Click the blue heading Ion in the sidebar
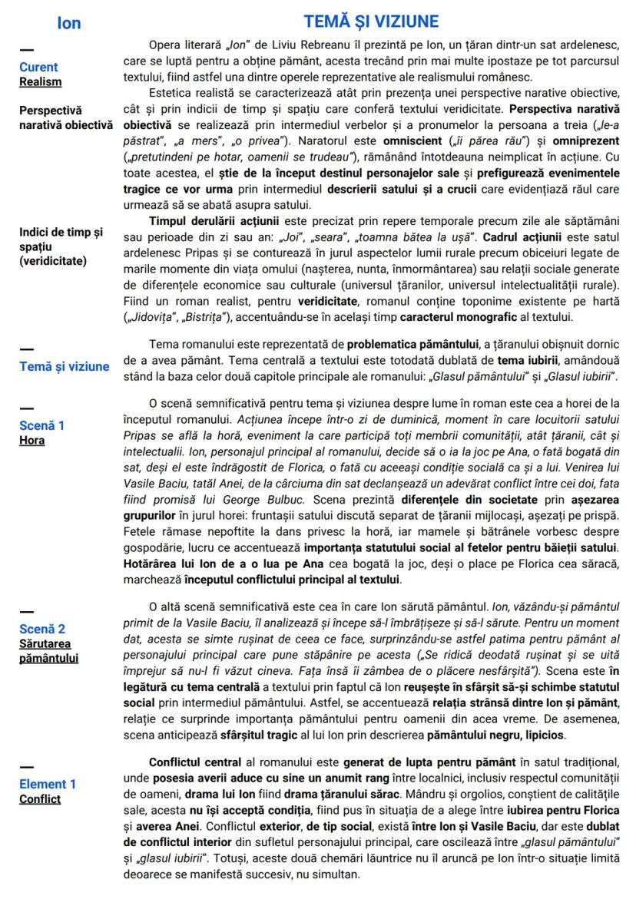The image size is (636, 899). (x=68, y=23)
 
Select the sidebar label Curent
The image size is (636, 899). (x=38, y=67)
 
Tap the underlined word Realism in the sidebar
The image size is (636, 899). (x=41, y=81)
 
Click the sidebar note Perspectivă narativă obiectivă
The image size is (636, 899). (x=65, y=117)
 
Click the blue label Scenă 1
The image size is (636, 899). (x=42, y=425)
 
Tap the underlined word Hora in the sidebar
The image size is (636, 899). (x=32, y=440)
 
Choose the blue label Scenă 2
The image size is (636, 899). (x=42, y=628)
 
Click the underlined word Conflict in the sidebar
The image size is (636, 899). (x=40, y=799)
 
